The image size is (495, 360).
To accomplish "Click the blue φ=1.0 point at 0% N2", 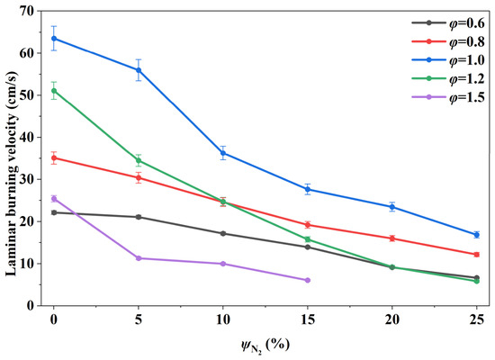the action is tap(54, 39).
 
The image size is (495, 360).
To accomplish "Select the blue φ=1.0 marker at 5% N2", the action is tap(139, 70).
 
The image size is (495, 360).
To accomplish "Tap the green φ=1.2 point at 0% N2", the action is tap(54, 91).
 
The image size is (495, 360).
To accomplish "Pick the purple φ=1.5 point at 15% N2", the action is tap(308, 281).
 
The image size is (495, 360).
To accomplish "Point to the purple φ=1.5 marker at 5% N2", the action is tap(139, 258).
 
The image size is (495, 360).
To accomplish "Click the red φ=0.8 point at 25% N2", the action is tap(477, 255).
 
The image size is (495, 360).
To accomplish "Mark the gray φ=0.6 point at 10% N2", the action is tap(223, 234).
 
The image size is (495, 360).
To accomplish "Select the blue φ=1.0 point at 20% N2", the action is tap(392, 207).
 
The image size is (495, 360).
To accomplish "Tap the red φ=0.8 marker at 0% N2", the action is tap(54, 157).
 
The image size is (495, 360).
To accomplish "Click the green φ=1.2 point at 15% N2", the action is tap(308, 239).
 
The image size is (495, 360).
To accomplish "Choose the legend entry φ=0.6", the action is tap(448, 23).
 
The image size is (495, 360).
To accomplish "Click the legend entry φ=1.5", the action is tap(448, 97).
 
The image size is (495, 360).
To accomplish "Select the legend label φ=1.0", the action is tap(467, 60).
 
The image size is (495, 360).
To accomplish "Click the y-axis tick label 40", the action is tap(26, 138).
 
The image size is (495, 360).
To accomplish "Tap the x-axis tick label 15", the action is tap(308, 319).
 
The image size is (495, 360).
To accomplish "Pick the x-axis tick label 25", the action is tap(477, 319).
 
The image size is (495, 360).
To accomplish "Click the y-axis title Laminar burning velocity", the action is tap(11, 174).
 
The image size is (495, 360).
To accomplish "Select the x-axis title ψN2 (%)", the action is tap(265, 346).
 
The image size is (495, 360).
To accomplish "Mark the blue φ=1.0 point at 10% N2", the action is tap(223, 154).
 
